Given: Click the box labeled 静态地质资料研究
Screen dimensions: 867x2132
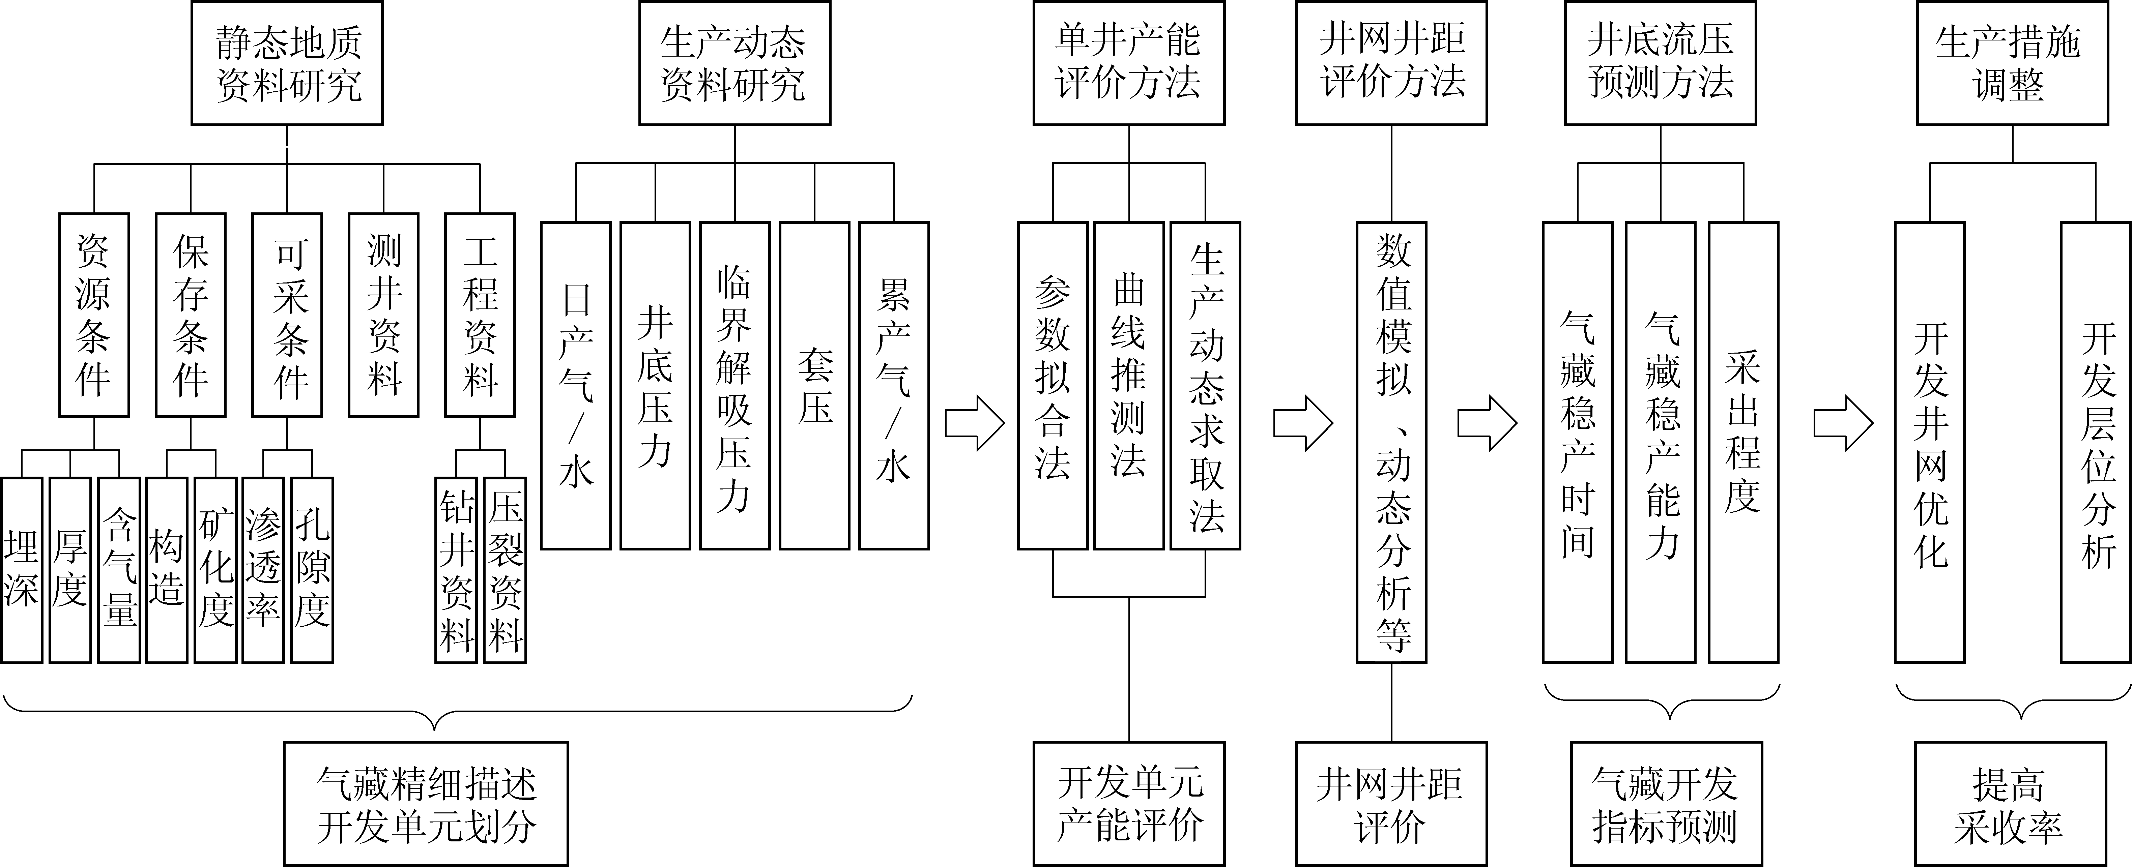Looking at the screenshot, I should pos(287,63).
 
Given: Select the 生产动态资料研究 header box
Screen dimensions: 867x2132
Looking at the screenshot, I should pos(734,63).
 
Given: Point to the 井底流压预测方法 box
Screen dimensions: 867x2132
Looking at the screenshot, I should pos(1660,63).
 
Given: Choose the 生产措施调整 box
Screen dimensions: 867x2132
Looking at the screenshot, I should pos(2012,63).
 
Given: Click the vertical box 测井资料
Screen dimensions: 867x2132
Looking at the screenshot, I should pos(383,315).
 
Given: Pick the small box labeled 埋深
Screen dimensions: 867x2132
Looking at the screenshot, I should pos(22,570).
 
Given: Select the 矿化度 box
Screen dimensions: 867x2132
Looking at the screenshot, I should pos(215,570).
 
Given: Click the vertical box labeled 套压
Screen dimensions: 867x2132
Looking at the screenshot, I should pos(814,386).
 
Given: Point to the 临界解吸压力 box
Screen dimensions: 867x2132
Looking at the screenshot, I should pos(734,386).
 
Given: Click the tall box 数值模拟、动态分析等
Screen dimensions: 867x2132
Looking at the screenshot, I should pos(1391,442).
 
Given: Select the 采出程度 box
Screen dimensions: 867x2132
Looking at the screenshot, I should pos(1743,442).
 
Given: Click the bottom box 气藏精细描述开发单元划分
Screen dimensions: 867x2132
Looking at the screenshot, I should pos(426,803).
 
